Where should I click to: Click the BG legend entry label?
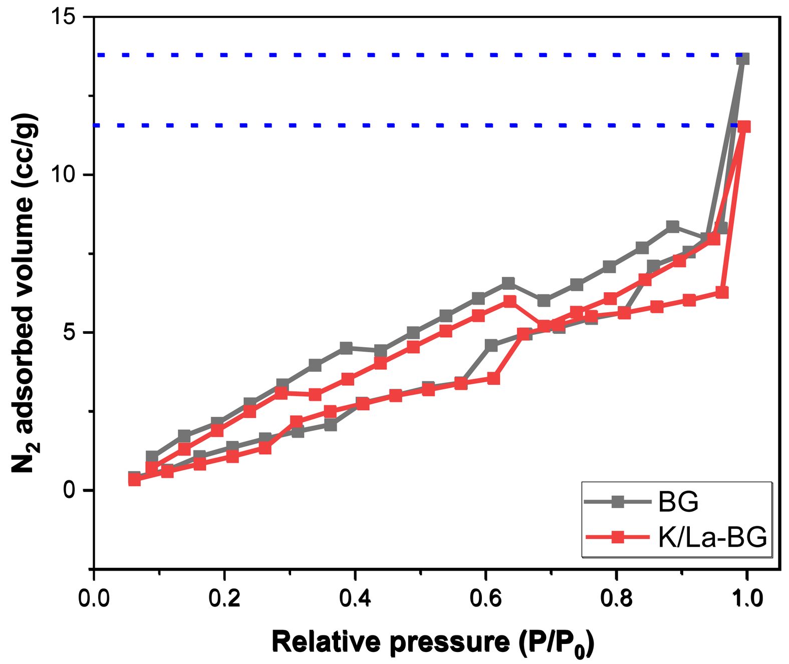tap(678, 501)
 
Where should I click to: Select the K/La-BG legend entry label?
tap(712, 537)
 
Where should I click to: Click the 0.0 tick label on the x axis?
tap(94, 598)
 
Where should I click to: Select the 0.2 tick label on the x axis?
tap(224, 598)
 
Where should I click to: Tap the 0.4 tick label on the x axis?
tap(355, 598)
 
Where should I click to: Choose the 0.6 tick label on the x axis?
tap(486, 598)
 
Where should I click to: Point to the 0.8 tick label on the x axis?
tap(617, 598)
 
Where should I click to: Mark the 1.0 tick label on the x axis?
tap(747, 598)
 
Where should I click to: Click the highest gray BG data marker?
tap(743, 59)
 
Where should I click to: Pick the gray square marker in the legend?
tap(619, 501)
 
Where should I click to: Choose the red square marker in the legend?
tap(619, 537)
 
